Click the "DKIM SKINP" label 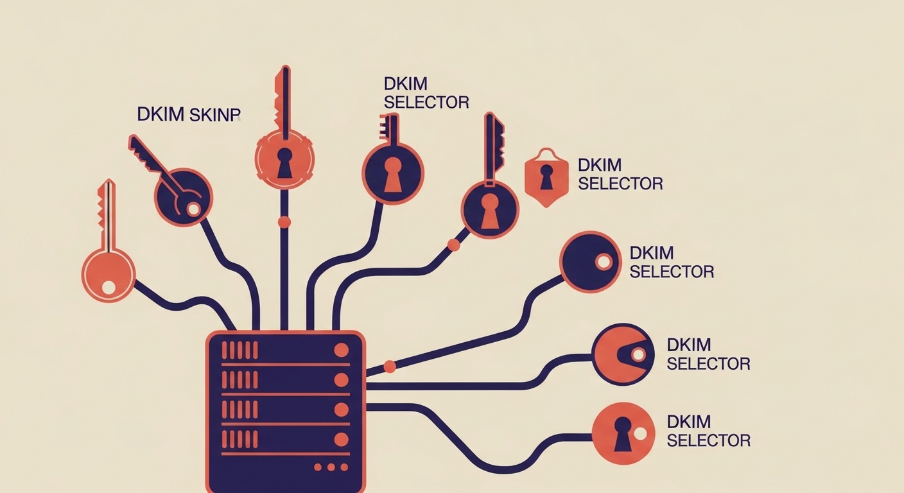[188, 114]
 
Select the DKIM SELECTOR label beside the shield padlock [620, 174]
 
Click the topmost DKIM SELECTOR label [426, 92]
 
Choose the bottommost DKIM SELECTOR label [708, 431]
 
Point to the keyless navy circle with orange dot [590, 262]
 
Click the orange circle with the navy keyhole [622, 433]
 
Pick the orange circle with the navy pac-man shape [622, 354]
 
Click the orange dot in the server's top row [342, 350]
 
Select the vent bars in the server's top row [239, 350]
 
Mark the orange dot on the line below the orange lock [284, 222]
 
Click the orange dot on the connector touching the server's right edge [389, 367]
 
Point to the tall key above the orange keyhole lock [282, 96]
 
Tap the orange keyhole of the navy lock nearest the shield [489, 214]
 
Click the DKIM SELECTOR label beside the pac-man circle [708, 354]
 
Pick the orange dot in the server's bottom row [342, 439]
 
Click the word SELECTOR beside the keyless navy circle [672, 272]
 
